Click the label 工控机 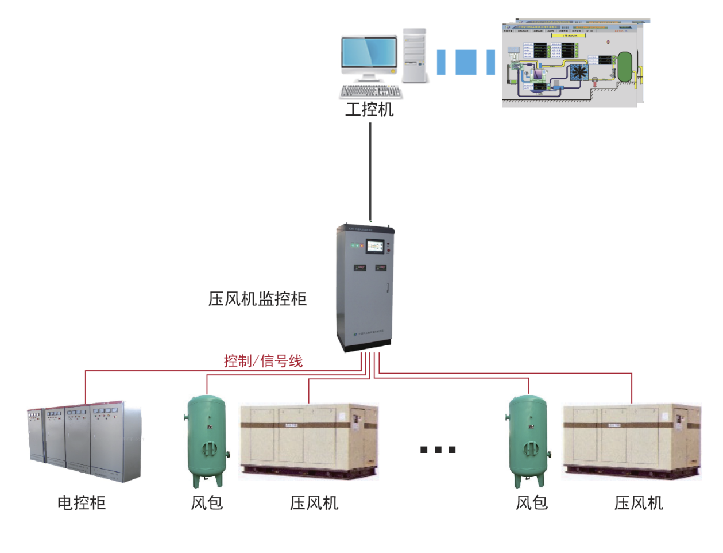click(369, 109)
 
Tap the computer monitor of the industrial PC click(369, 53)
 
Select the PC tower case click(414, 55)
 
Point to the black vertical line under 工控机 click(370, 172)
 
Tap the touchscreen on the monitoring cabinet click(375, 247)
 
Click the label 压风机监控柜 click(257, 299)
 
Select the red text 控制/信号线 click(263, 361)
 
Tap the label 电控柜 click(82, 503)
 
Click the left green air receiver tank click(207, 440)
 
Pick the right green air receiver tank click(529, 440)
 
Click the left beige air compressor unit click(308, 441)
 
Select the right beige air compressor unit click(632, 441)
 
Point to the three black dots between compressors click(438, 450)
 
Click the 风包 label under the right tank click(532, 503)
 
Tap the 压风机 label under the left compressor click(314, 503)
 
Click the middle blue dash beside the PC click(466, 62)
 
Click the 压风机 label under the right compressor click(639, 503)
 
